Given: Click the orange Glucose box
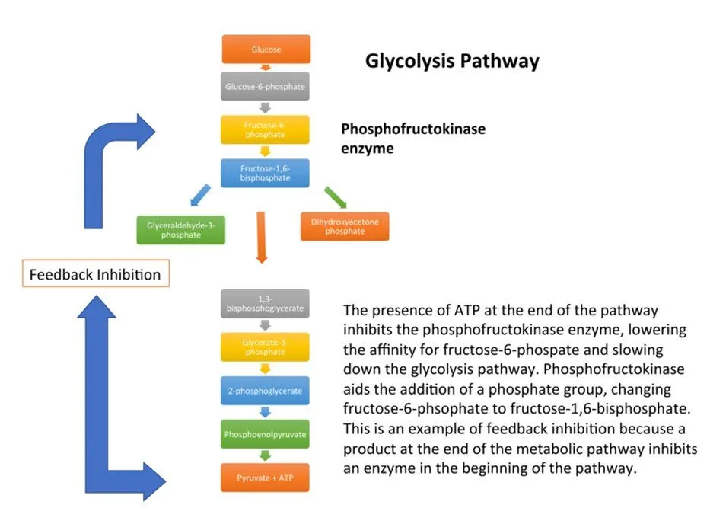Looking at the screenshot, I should (x=266, y=50).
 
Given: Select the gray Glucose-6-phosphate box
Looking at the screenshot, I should (x=266, y=86).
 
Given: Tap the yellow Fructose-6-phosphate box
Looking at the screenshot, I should (x=266, y=129).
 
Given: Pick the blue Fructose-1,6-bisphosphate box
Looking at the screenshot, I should (x=266, y=173).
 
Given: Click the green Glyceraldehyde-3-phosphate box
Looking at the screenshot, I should (x=180, y=229).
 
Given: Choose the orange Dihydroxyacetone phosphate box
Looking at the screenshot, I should (x=344, y=226).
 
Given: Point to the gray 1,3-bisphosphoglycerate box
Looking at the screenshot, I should (x=266, y=303).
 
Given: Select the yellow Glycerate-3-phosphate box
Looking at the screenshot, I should (x=266, y=347).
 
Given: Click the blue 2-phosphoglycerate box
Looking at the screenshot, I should (x=266, y=391).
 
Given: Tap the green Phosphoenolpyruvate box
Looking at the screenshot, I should (x=266, y=434).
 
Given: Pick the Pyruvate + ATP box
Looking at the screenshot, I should (x=266, y=478).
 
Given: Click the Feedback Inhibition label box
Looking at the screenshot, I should (x=95, y=274).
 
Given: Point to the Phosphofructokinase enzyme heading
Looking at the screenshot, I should (x=412, y=139).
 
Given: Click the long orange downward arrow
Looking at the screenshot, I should (x=261, y=236).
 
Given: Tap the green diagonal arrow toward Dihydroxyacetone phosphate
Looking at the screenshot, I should (x=335, y=196).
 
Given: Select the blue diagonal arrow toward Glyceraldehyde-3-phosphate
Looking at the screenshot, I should (x=200, y=195).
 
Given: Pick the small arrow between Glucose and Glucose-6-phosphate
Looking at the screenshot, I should (x=266, y=68).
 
